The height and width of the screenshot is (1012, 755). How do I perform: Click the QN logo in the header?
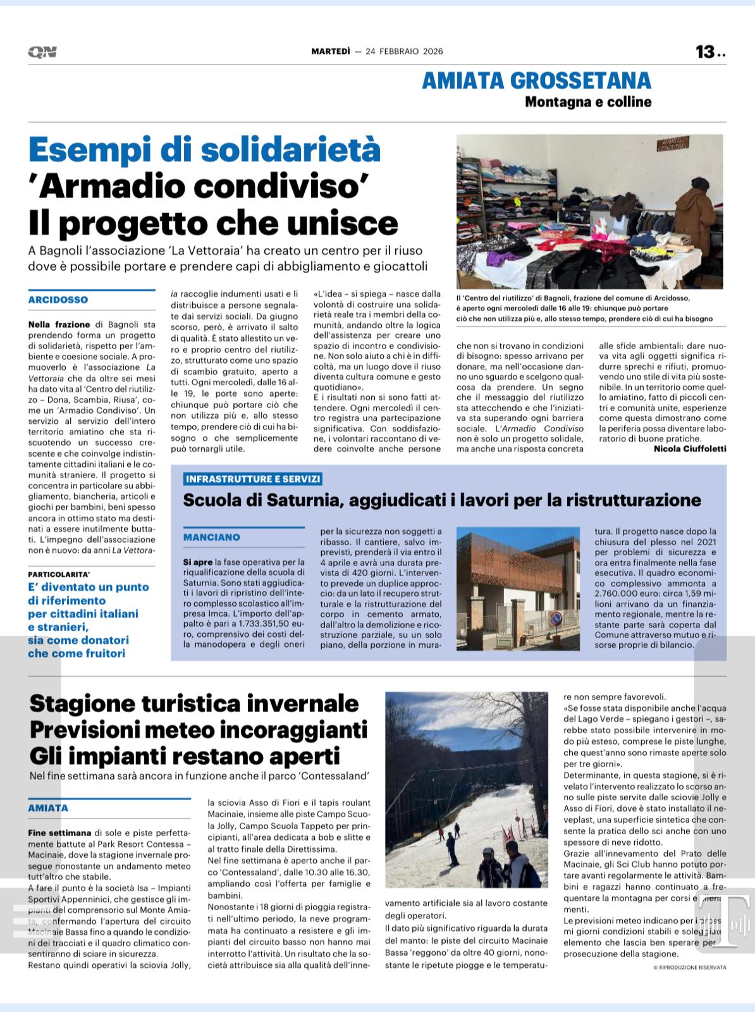pyautogui.click(x=42, y=52)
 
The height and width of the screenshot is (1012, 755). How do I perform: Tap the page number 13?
pyautogui.click(x=705, y=52)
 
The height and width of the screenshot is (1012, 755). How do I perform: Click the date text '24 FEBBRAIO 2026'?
pyautogui.click(x=404, y=52)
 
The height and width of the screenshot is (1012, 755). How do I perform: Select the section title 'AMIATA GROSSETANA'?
pyautogui.click(x=536, y=80)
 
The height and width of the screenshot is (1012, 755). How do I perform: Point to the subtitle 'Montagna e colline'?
pyautogui.click(x=587, y=102)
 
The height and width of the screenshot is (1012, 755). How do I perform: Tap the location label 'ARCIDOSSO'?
pyautogui.click(x=58, y=300)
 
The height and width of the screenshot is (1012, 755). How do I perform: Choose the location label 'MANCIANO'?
pyautogui.click(x=212, y=537)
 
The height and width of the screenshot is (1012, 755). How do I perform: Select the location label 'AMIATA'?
pyautogui.click(x=48, y=808)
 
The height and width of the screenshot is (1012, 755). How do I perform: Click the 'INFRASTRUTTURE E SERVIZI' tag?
pyautogui.click(x=253, y=479)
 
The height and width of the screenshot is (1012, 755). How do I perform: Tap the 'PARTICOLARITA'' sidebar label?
pyautogui.click(x=59, y=574)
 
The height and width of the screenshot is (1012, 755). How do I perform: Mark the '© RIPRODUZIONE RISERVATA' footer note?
pyautogui.click(x=690, y=967)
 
